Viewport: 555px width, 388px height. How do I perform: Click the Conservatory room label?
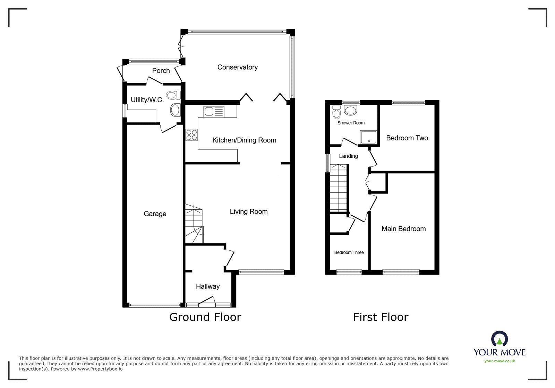coord(237,67)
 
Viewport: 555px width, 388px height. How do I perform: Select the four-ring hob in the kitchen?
coord(191,135)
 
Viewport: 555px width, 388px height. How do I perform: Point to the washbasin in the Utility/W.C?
coord(175,110)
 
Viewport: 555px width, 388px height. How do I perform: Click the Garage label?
coord(155,214)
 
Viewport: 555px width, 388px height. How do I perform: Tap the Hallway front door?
coord(207,302)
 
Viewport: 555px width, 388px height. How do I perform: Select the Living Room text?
coord(248,212)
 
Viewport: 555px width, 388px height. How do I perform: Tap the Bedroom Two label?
coord(407,138)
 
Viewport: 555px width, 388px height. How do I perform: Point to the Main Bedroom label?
coord(403,229)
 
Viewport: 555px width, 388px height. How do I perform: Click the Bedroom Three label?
coord(349,252)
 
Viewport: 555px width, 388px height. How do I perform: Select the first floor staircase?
coord(338,188)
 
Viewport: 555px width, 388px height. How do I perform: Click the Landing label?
coord(348,156)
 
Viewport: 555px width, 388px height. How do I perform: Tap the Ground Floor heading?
coord(205,317)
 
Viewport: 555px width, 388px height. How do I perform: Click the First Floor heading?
coord(381,317)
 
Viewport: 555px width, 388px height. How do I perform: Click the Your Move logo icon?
coord(499,339)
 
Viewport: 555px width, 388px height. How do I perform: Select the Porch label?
coord(161,71)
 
